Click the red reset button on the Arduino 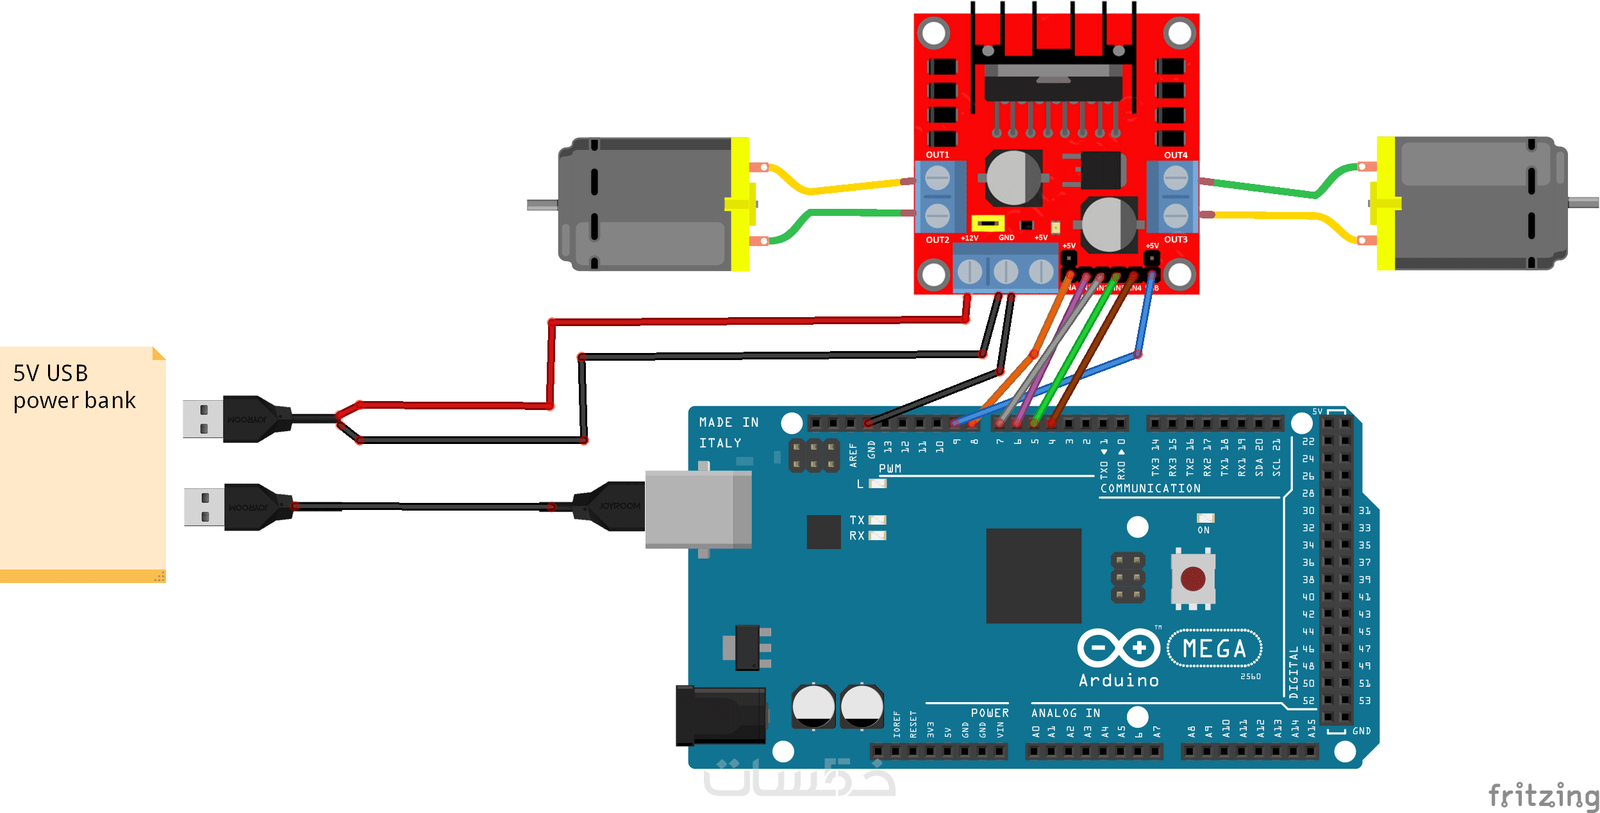(x=1192, y=579)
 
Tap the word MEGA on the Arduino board (x=1214, y=649)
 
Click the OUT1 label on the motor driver (x=937, y=155)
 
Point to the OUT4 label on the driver (x=1176, y=155)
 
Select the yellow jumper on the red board (x=988, y=223)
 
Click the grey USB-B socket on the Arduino (x=697, y=510)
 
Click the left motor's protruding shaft (x=542, y=205)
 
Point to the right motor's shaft (x=1583, y=202)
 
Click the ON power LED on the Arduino (x=1205, y=518)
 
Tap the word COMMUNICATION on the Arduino (x=1151, y=488)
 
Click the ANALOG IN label (x=1065, y=713)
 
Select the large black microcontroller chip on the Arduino (x=1033, y=575)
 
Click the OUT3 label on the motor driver (x=1176, y=240)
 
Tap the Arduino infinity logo (x=1119, y=648)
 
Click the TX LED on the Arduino (x=878, y=520)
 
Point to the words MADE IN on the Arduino (x=729, y=422)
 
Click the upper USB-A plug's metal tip (x=203, y=419)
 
